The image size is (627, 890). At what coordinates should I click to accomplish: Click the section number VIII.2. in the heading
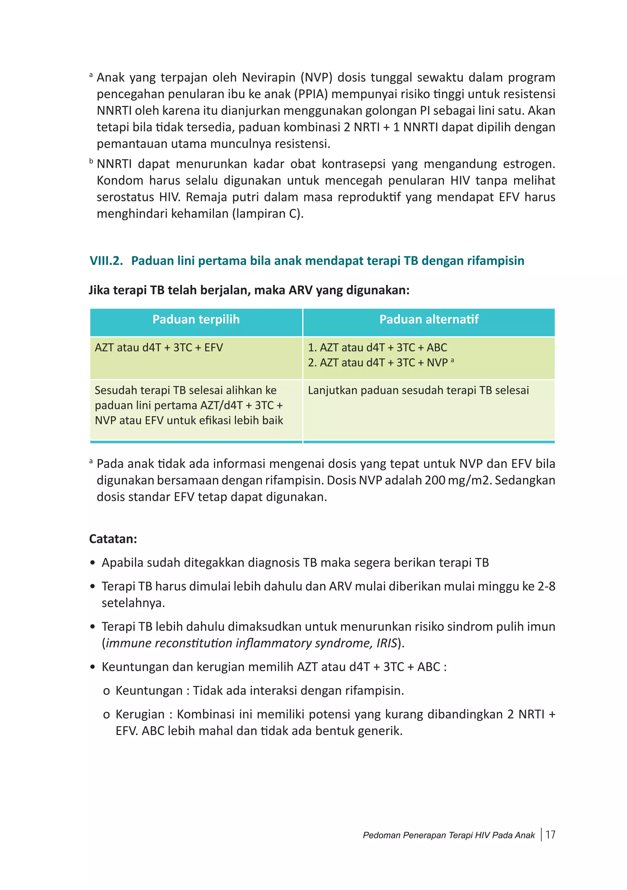pos(106,261)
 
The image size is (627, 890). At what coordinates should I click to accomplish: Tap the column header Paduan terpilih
pos(196,319)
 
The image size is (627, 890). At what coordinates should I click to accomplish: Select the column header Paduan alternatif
pos(429,319)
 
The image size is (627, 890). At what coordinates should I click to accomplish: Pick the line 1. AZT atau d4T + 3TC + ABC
pos(377,348)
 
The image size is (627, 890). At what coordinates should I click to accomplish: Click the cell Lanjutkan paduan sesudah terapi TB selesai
pos(418,390)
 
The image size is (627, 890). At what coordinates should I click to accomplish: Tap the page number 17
pos(550,835)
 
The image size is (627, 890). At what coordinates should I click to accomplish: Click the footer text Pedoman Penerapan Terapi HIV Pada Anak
pos(449,835)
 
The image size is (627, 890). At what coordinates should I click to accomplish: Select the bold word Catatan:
pos(113,539)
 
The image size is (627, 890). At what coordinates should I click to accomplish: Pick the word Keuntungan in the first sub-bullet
pos(149,691)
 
